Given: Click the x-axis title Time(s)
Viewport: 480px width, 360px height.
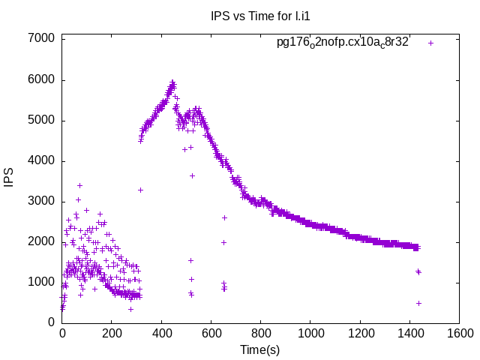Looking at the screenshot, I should click(259, 349).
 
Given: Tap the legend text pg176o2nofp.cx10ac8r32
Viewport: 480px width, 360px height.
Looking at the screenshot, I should click(342, 43).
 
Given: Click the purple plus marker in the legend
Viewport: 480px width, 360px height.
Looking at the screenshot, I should click(431, 43).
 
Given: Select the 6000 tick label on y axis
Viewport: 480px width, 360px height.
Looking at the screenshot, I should click(41, 79).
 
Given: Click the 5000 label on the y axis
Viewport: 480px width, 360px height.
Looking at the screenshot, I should click(41, 120).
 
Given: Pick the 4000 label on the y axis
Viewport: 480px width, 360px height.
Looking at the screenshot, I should click(41, 160).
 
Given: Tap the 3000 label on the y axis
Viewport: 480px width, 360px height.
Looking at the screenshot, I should click(41, 201).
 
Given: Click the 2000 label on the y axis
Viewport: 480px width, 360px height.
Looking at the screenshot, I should click(41, 241).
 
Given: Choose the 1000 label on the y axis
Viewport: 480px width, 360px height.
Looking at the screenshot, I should click(41, 282).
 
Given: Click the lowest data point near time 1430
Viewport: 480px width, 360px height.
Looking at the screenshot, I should click(418, 303).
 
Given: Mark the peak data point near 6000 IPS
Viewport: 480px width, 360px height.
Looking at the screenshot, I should click(172, 82).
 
